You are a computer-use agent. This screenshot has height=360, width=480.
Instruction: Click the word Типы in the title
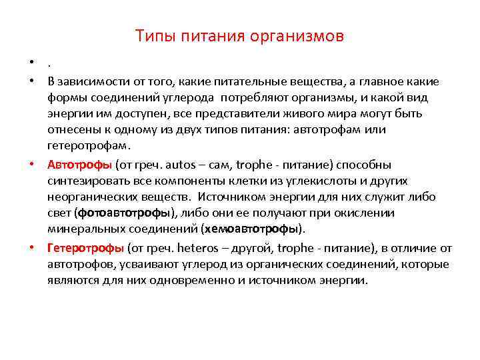click(151, 36)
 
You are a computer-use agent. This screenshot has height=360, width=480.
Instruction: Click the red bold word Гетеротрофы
click(85, 248)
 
